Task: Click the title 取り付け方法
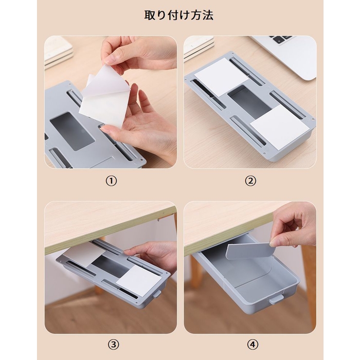pyautogui.click(x=179, y=15)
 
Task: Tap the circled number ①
pyautogui.click(x=111, y=181)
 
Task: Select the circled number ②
pyautogui.click(x=251, y=181)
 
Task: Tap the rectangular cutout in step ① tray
pyautogui.click(x=72, y=131)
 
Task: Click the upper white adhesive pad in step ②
pyautogui.click(x=221, y=76)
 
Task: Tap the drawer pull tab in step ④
pyautogui.click(x=276, y=300)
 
